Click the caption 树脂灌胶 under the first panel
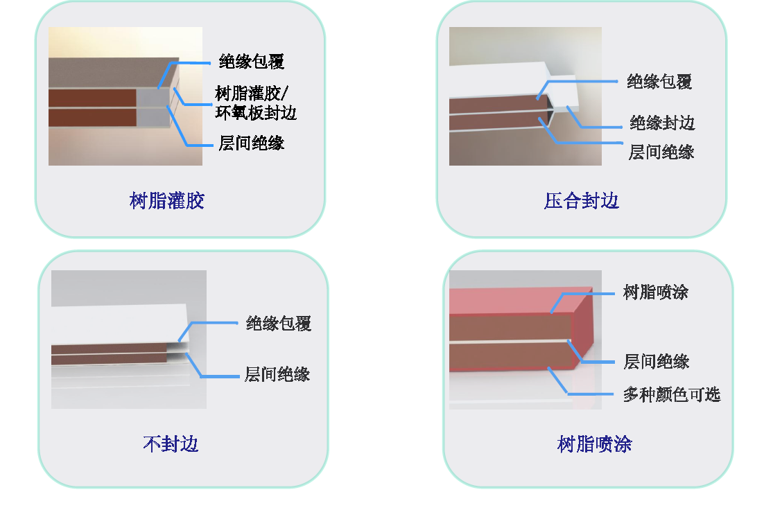pyautogui.click(x=166, y=201)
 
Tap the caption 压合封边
pyautogui.click(x=581, y=201)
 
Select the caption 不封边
pyautogui.click(x=171, y=443)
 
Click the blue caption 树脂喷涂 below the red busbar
pyautogui.click(x=594, y=443)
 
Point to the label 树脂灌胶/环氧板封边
pyautogui.click(x=256, y=103)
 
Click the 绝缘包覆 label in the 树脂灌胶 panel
pyautogui.click(x=251, y=62)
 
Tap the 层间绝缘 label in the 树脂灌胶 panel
pyautogui.click(x=251, y=143)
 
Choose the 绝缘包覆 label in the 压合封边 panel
pyautogui.click(x=659, y=82)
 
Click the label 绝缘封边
pyautogui.click(x=661, y=123)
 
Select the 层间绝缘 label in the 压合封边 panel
pyautogui.click(x=661, y=152)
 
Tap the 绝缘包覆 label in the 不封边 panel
pyautogui.click(x=278, y=324)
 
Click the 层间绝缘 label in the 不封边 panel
pyautogui.click(x=277, y=375)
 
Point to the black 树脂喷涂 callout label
pyautogui.click(x=655, y=292)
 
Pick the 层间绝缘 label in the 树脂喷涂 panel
pyautogui.click(x=656, y=362)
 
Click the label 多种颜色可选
pyautogui.click(x=671, y=395)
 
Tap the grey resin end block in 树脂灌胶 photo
pyautogui.click(x=153, y=108)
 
